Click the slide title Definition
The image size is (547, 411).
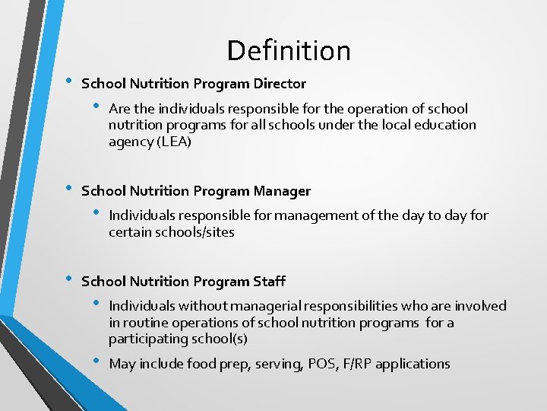(x=289, y=51)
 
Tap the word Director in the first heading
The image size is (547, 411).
(x=280, y=84)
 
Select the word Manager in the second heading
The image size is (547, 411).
(x=282, y=191)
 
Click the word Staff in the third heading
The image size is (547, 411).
(x=269, y=281)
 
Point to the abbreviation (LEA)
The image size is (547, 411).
(x=174, y=142)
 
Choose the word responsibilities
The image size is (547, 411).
(x=350, y=306)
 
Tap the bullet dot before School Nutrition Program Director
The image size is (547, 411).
(x=68, y=81)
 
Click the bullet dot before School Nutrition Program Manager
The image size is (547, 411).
(x=68, y=188)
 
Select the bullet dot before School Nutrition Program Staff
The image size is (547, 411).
(x=68, y=279)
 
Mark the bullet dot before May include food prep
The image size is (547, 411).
(x=96, y=360)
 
